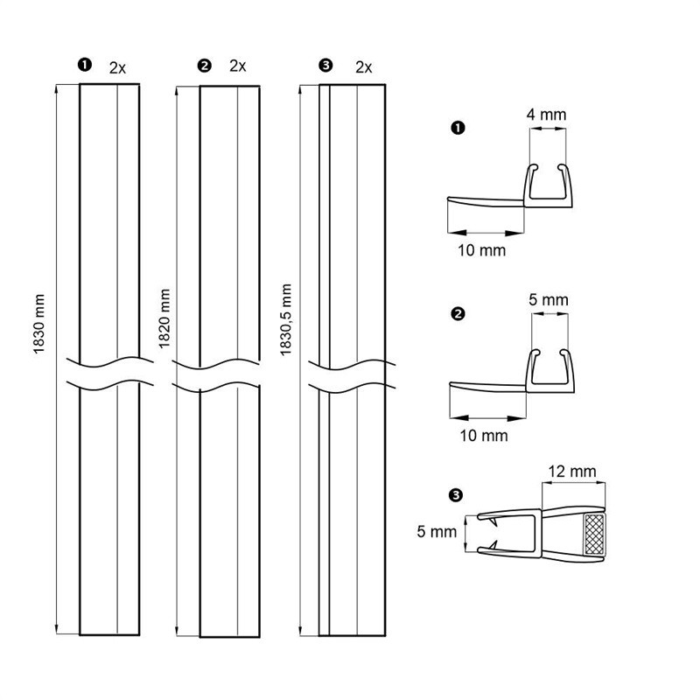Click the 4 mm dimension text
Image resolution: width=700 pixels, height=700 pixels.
tap(548, 115)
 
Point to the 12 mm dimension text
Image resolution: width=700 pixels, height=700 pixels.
tap(573, 472)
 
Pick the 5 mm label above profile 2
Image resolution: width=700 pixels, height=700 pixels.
tap(549, 300)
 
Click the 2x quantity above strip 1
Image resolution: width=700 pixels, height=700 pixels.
tap(117, 66)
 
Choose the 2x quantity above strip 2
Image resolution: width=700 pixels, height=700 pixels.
tap(237, 66)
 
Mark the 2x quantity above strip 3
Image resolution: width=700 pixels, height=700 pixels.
tap(364, 66)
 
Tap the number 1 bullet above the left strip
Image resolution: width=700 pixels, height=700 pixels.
tap(85, 66)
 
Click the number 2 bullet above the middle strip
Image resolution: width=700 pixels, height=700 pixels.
tap(205, 66)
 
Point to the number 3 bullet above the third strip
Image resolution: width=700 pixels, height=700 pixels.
tap(327, 66)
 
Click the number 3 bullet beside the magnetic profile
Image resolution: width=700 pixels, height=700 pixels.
tap(455, 495)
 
